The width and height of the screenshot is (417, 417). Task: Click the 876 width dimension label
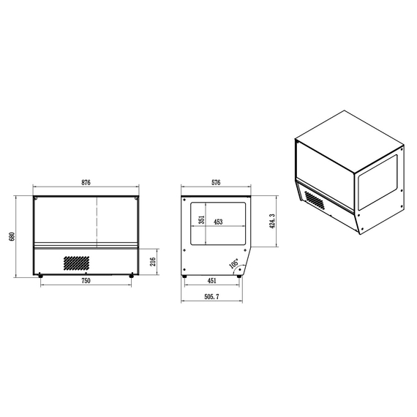click(x=86, y=182)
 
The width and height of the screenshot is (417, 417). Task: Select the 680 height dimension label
click(x=12, y=236)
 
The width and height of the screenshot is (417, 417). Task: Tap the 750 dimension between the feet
click(x=86, y=281)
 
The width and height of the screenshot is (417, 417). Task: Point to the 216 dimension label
click(x=153, y=262)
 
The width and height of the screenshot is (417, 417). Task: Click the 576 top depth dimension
click(x=216, y=182)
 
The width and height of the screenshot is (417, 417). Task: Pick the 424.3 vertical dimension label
click(x=272, y=221)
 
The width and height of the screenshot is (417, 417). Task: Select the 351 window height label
click(x=202, y=219)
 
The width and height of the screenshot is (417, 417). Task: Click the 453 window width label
click(x=218, y=222)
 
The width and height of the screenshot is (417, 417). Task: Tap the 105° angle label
click(x=234, y=263)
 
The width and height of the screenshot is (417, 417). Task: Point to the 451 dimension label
click(x=212, y=281)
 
